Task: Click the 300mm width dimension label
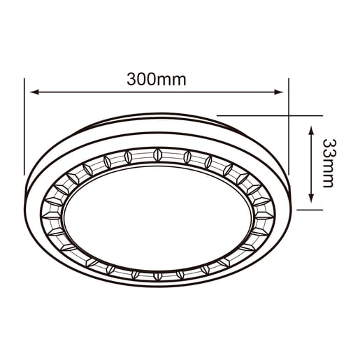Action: pos(157,79)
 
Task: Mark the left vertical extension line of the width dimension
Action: pos(26,126)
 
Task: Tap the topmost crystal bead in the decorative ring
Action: pos(157,152)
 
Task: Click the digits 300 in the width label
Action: pos(141,79)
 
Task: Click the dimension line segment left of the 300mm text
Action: pos(77,92)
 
